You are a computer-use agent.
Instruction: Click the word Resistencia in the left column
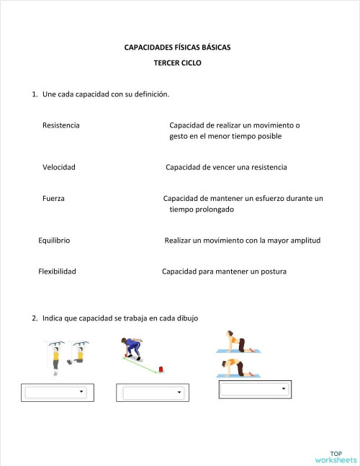point(61,125)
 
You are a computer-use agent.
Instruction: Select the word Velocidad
point(59,167)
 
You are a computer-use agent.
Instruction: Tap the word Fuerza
point(54,198)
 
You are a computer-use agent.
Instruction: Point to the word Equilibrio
point(54,241)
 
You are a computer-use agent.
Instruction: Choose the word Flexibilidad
point(57,272)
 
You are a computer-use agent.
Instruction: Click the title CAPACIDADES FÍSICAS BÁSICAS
point(178,48)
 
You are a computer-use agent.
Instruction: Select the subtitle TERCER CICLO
point(178,63)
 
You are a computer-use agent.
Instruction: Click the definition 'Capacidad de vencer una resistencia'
point(226,167)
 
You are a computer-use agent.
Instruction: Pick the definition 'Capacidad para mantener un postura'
point(224,272)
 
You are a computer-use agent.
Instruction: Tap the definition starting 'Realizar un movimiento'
point(242,241)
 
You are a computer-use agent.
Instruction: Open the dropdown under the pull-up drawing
point(55,393)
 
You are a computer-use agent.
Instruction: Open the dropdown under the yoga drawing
point(254,389)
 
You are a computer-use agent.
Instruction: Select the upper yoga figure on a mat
point(238,341)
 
